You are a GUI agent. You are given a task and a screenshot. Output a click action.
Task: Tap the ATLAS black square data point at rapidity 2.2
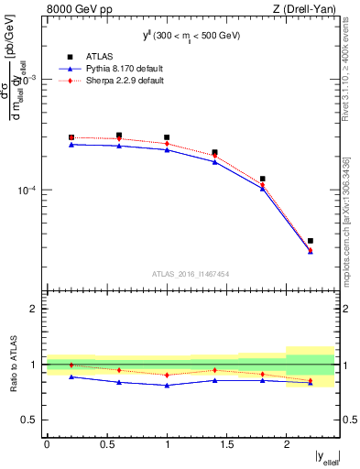coord(311,241)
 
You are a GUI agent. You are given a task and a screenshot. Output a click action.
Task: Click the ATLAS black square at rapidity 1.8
coord(262,179)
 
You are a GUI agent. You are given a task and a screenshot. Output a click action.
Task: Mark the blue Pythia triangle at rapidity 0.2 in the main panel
coord(71,144)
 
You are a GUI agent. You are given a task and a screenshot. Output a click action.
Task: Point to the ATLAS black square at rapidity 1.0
coord(167,137)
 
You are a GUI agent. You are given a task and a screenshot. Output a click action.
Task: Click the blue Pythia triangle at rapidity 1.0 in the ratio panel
coord(167,386)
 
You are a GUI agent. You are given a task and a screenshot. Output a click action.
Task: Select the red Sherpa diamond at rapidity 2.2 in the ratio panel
coord(311,380)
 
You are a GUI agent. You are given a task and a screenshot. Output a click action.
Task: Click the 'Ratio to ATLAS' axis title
coord(13,364)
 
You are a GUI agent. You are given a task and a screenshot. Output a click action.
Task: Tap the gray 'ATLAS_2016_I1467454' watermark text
coord(191,273)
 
